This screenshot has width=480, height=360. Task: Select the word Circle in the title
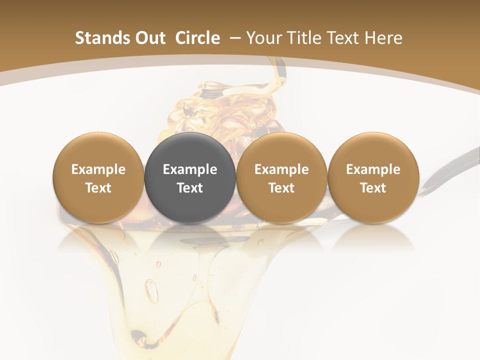tap(197, 38)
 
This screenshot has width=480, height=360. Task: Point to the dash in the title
tap(233, 38)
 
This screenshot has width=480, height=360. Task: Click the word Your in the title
tap(260, 38)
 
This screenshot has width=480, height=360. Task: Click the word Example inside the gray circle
tap(190, 169)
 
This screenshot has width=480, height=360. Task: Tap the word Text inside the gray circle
tap(190, 188)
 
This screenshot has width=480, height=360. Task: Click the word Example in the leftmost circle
tap(98, 169)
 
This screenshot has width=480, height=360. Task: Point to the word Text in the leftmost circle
tap(98, 188)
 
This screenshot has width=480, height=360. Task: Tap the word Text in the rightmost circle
tap(373, 188)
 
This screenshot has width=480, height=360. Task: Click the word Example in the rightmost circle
tap(373, 169)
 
